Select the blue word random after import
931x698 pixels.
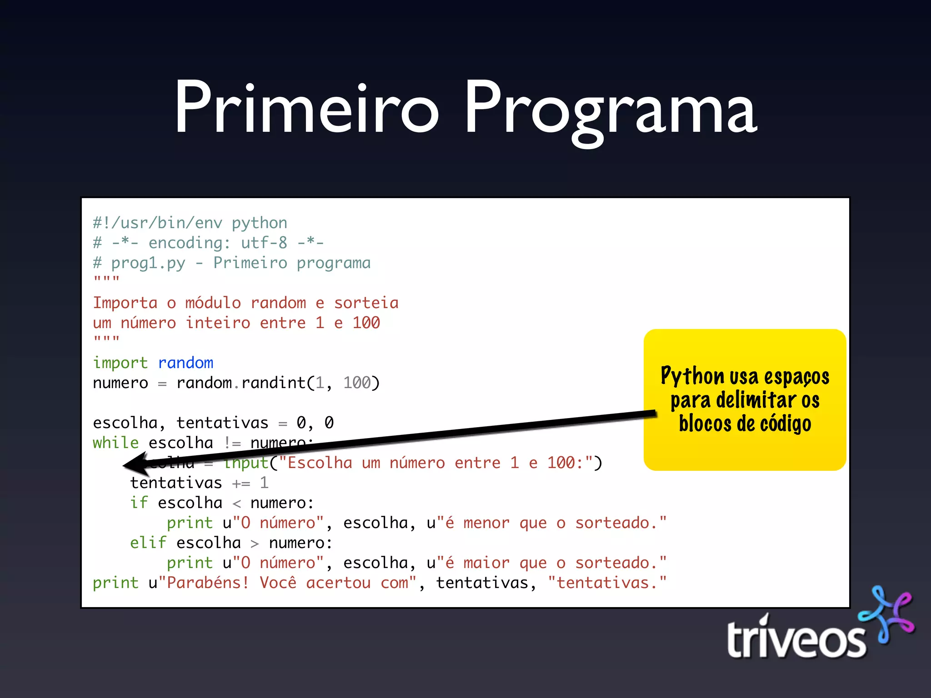(x=185, y=363)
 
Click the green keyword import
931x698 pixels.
(x=120, y=363)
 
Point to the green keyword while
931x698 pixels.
(x=115, y=443)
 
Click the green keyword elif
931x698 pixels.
(x=148, y=543)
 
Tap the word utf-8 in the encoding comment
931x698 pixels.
(x=264, y=243)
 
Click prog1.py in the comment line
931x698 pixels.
(x=148, y=263)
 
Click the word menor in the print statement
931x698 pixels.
(x=486, y=523)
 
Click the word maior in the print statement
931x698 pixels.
(x=486, y=563)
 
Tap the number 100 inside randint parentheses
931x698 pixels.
(x=357, y=383)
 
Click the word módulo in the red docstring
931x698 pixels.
(x=213, y=303)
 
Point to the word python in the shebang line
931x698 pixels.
(x=259, y=223)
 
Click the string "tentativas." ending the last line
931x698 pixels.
(x=607, y=583)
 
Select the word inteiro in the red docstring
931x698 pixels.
(x=218, y=323)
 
